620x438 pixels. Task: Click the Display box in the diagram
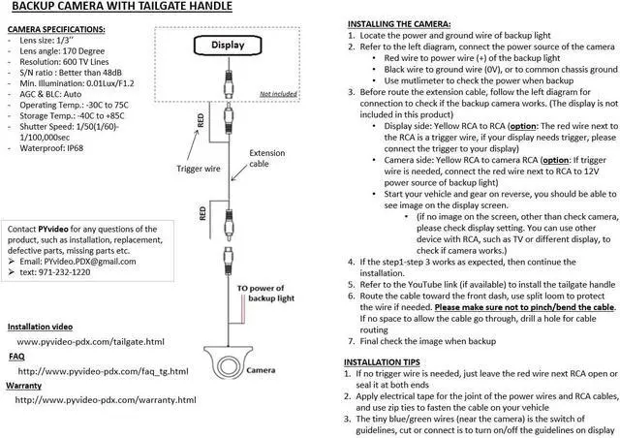(230, 45)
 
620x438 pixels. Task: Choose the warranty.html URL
(107, 399)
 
